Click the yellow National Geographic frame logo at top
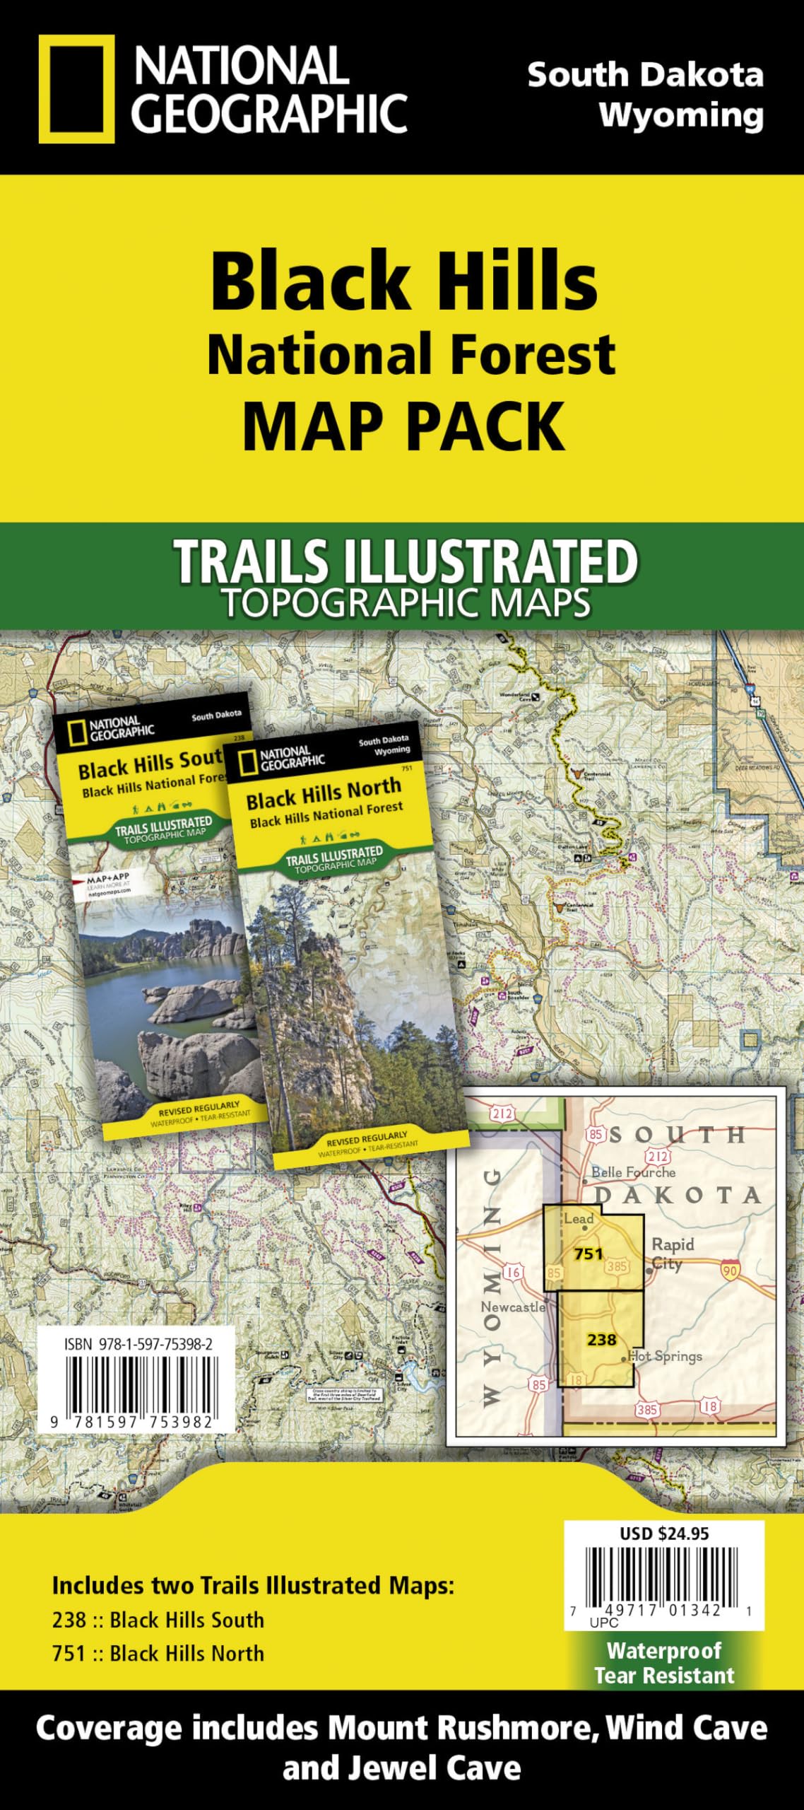76,89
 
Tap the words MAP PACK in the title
403,426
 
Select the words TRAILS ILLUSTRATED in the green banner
406,561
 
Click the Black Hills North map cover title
324,793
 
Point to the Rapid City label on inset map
671,1254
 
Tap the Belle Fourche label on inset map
633,1172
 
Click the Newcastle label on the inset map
513,1307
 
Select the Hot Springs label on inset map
665,1356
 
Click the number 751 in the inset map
588,1254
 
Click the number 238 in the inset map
601,1339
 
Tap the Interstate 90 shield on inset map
731,1270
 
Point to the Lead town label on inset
578,1218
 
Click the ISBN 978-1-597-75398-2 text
138,1344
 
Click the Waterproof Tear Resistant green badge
664,1663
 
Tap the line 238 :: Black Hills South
158,1619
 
